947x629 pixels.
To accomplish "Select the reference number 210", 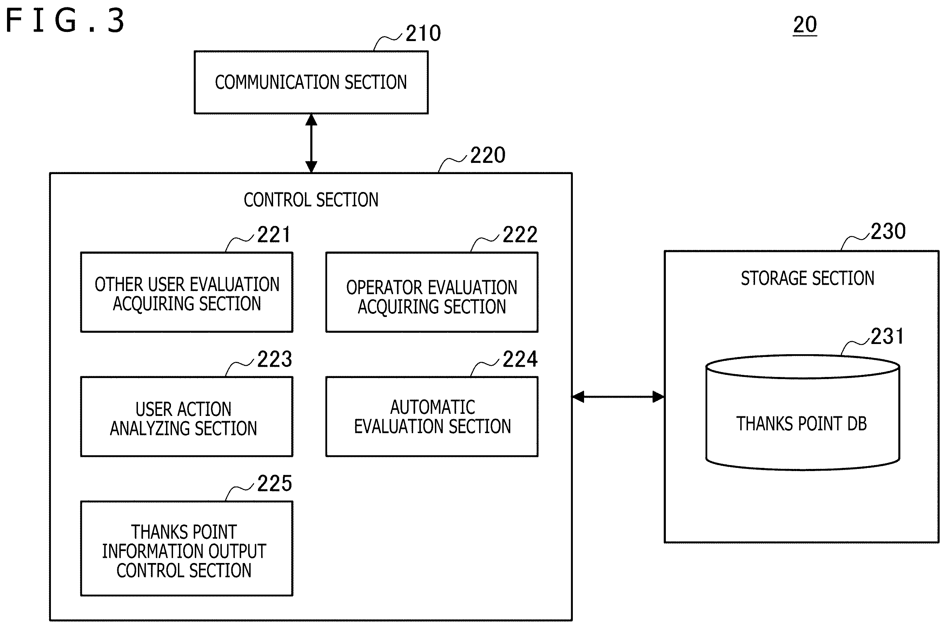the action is [423, 33].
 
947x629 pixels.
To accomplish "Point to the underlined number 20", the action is [804, 25].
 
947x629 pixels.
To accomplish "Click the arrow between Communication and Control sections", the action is [311, 143].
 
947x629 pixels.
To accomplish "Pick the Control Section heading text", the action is [311, 200].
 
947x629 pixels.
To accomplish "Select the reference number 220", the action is [488, 155].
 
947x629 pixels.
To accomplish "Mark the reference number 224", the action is [520, 359].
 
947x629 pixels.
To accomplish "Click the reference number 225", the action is [275, 483].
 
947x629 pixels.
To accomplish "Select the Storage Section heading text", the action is [807, 278].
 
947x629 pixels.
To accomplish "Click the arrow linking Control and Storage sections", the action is [618, 397].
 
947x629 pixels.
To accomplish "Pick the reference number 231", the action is [887, 336].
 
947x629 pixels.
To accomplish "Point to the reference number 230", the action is [888, 231].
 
